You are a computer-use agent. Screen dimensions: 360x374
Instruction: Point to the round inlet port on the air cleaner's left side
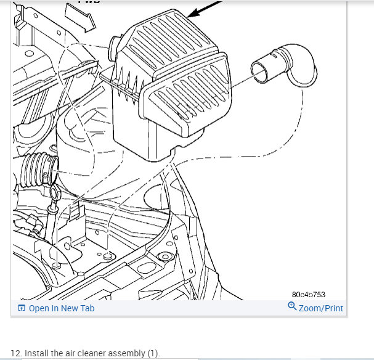[114, 49]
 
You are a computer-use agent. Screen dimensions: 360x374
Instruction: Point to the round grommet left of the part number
[164, 257]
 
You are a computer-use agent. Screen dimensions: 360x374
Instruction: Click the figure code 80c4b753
[309, 295]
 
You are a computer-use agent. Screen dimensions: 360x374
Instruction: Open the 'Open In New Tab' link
[62, 308]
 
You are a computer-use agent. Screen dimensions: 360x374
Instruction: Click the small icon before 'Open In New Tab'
[22, 308]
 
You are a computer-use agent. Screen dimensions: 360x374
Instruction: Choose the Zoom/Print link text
[320, 308]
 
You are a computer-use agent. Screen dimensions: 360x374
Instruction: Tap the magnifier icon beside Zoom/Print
[292, 307]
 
